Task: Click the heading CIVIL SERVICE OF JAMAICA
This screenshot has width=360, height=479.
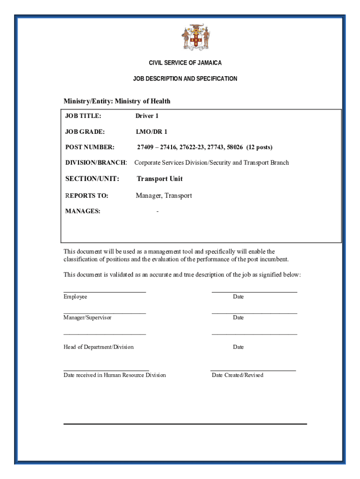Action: tap(185, 63)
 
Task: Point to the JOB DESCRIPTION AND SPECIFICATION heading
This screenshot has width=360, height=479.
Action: tap(185, 79)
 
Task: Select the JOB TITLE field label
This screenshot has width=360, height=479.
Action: tap(83, 116)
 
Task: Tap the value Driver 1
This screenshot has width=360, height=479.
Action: tap(147, 116)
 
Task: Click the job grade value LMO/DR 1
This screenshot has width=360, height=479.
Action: tap(151, 131)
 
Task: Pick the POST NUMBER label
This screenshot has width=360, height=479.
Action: tap(89, 147)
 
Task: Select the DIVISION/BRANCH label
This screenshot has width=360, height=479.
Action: tap(96, 163)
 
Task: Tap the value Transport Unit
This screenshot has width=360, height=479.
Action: tap(159, 179)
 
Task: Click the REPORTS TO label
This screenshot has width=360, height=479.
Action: tap(86, 196)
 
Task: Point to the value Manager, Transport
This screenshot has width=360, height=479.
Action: tap(164, 196)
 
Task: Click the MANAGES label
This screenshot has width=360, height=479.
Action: tap(82, 211)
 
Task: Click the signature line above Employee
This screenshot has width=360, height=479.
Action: tap(105, 291)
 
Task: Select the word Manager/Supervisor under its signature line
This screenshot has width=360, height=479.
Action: tap(87, 318)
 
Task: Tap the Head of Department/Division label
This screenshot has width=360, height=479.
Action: tap(99, 347)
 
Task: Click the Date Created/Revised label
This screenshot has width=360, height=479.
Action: tap(238, 375)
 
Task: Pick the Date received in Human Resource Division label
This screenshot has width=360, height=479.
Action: tap(115, 375)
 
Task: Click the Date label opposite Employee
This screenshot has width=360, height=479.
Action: tap(238, 297)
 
